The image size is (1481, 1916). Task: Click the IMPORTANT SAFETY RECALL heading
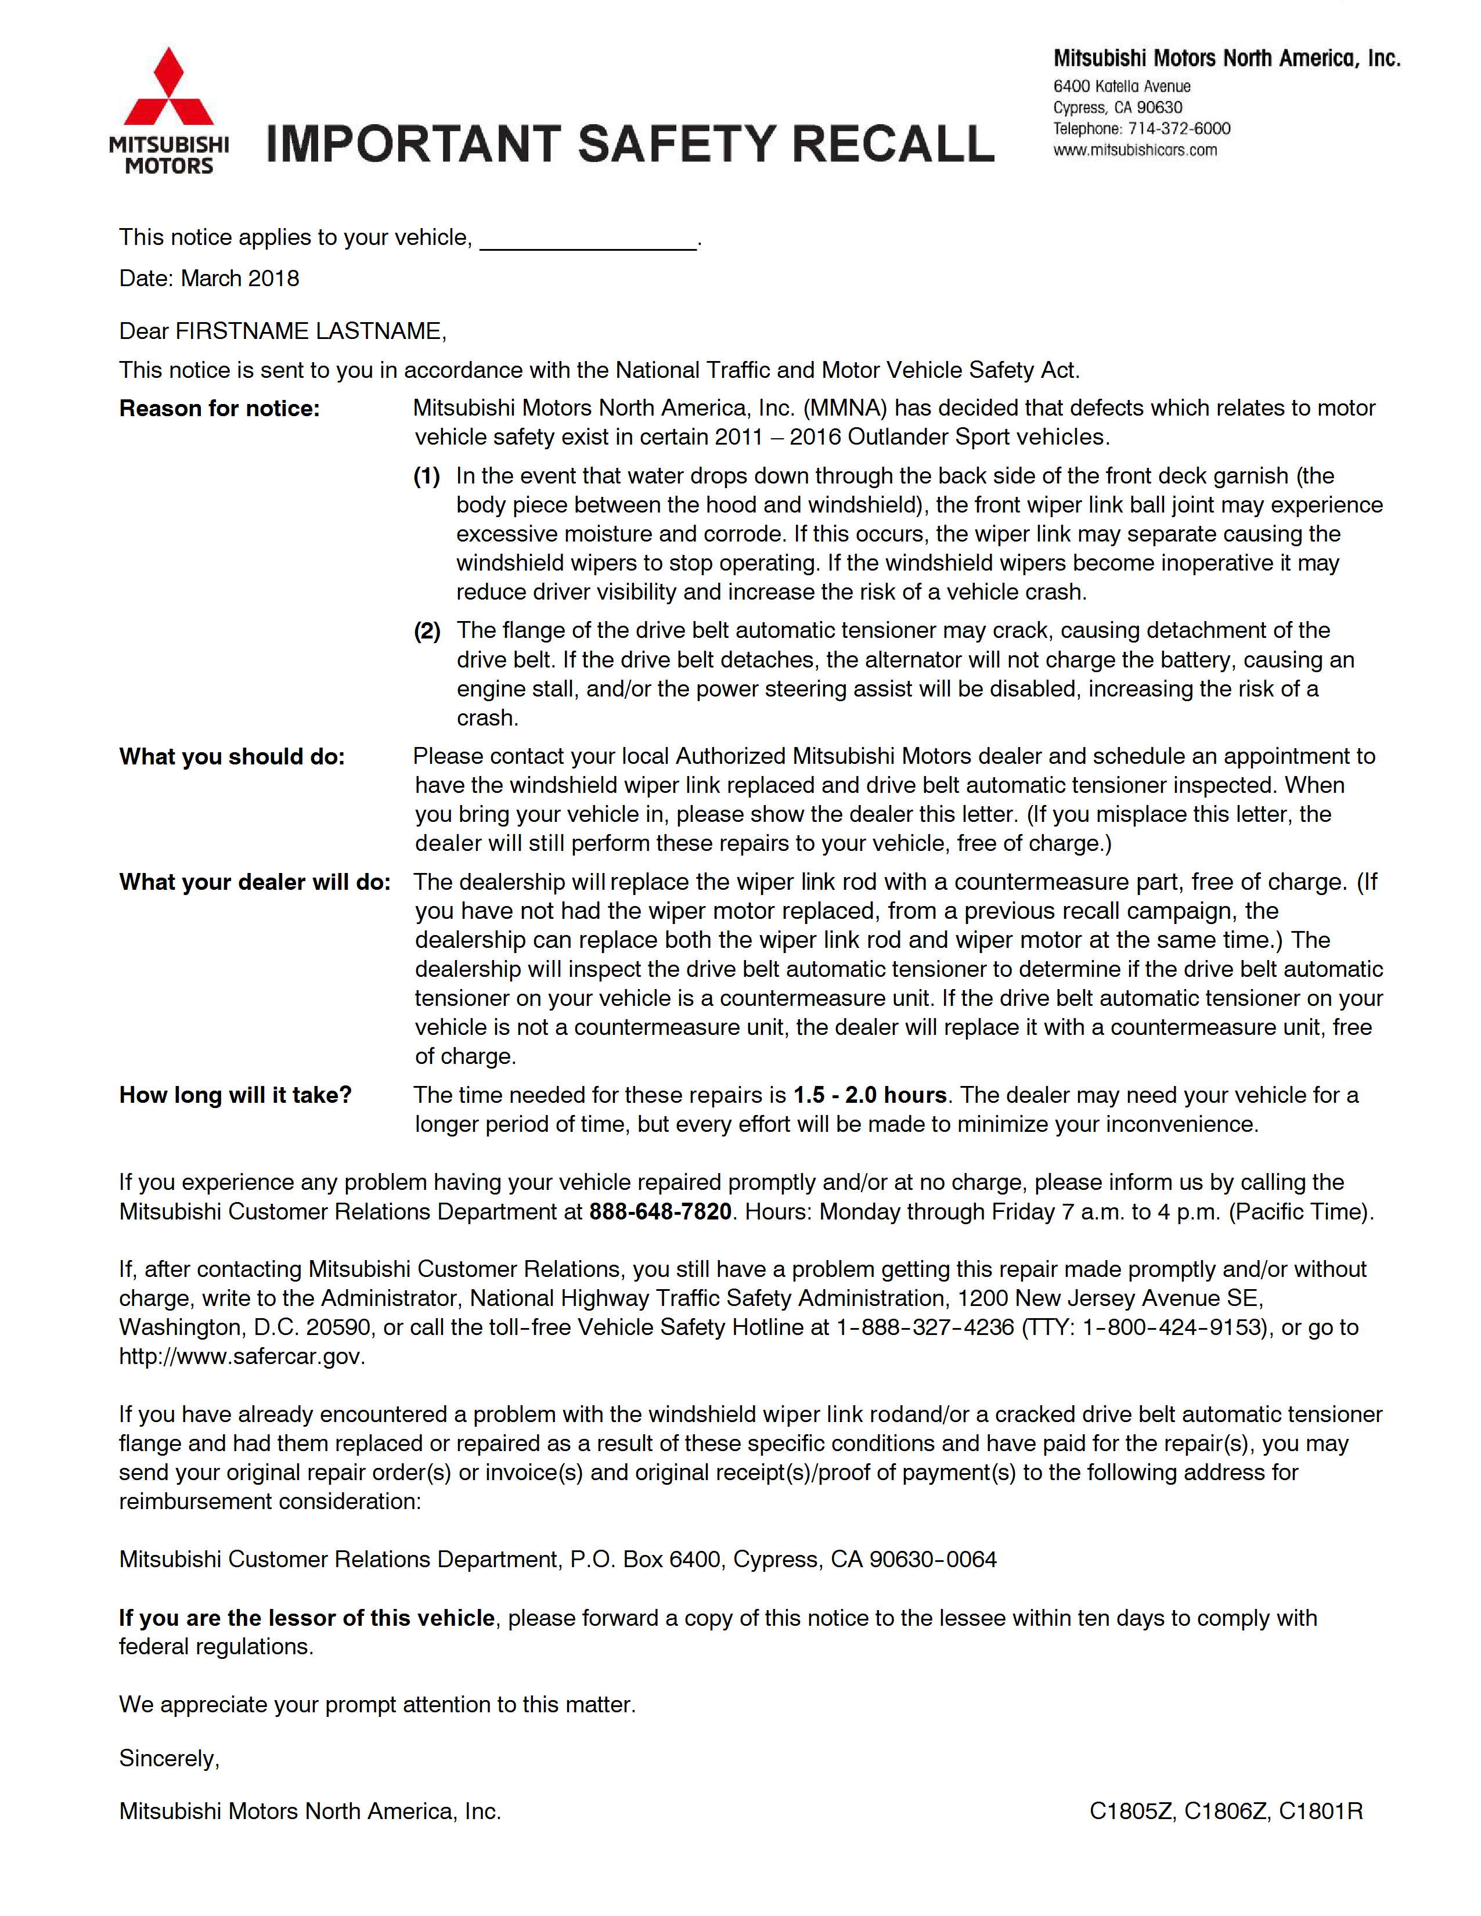coord(630,145)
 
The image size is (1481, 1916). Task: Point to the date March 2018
coord(240,279)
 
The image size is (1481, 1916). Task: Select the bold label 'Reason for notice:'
coord(219,409)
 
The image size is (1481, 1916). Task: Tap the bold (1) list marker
coord(427,477)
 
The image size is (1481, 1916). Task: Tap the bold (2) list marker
coord(427,631)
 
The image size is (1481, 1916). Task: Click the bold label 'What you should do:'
coord(232,757)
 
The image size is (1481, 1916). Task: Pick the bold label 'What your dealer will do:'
coord(254,883)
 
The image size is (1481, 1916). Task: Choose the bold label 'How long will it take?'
coord(235,1096)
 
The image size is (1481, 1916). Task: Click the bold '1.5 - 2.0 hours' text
coord(870,1096)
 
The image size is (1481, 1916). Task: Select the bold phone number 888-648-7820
coord(660,1213)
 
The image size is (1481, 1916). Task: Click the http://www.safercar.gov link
coord(242,1357)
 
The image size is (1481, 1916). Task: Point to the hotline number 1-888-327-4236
coord(925,1328)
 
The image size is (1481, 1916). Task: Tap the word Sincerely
coord(168,1759)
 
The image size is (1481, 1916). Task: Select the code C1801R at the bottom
coord(1320,1812)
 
